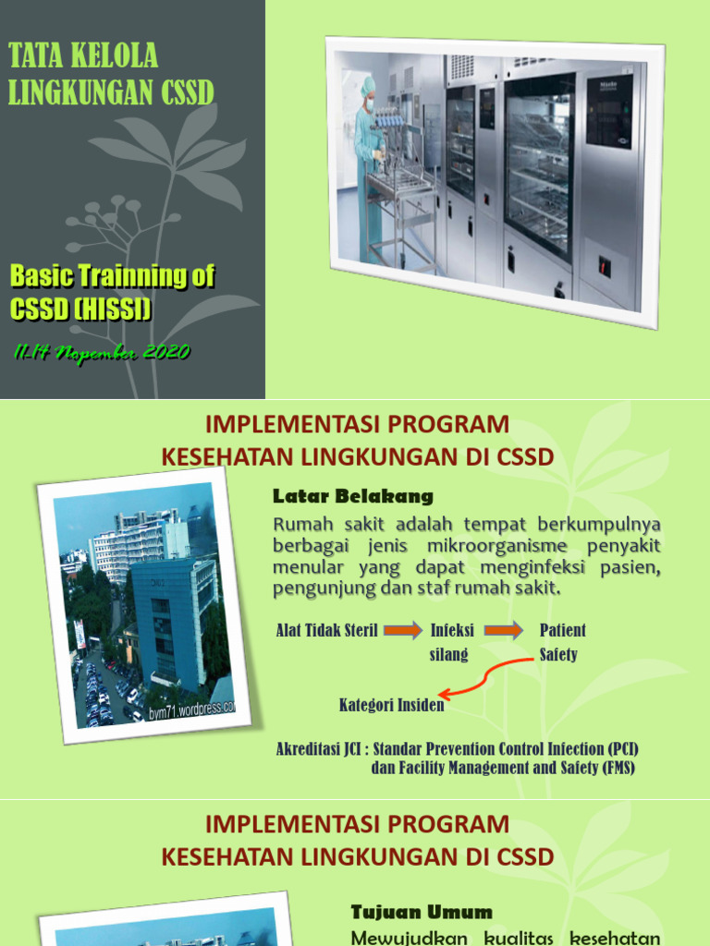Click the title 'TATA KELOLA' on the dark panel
tap(83, 57)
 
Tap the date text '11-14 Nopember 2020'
tap(102, 352)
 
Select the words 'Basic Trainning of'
tap(112, 275)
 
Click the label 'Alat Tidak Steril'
tap(326, 631)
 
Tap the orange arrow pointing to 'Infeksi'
tap(402, 631)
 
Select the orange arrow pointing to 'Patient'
tap(504, 631)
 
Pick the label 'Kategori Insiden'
tap(391, 706)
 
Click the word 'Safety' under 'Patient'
tap(558, 655)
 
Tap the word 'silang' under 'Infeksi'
tap(449, 655)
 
